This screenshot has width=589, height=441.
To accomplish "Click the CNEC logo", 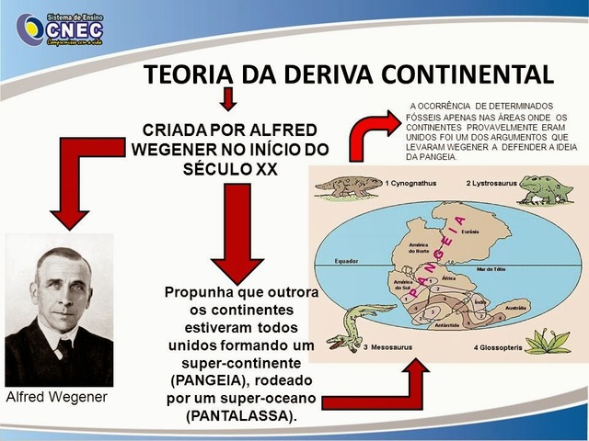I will click(61, 29).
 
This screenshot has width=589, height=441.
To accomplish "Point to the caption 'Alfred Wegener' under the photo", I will click(56, 397).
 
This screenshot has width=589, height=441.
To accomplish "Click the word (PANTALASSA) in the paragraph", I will click(241, 415).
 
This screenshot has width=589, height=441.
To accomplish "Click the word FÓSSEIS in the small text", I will click(425, 117).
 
